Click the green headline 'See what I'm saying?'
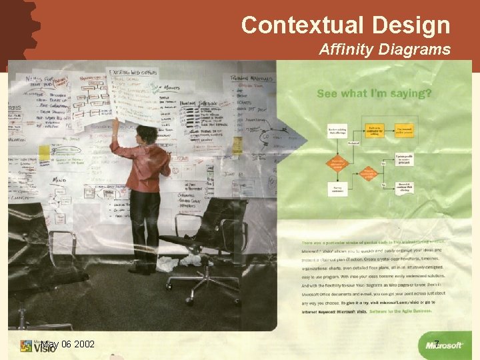click(x=374, y=93)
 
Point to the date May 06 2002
click(x=67, y=345)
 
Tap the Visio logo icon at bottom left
click(x=27, y=346)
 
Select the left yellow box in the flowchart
click(x=375, y=130)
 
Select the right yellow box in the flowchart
click(x=405, y=130)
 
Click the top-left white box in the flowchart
click(x=337, y=130)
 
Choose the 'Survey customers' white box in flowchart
click(x=337, y=189)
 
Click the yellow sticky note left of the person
click(x=45, y=153)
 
